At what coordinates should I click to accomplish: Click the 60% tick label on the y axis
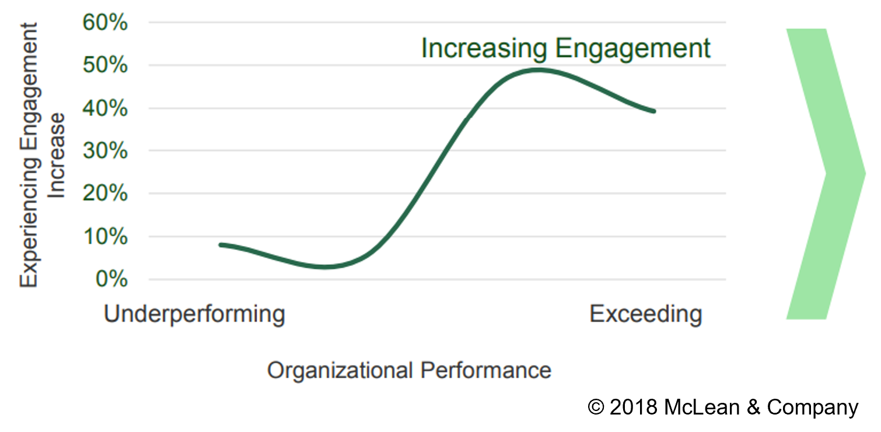[x=104, y=23]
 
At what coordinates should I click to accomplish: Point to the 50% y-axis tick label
[x=104, y=66]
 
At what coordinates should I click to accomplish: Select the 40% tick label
[x=104, y=108]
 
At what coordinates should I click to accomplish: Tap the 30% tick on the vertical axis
[x=104, y=151]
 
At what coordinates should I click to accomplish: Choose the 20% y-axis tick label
[x=104, y=194]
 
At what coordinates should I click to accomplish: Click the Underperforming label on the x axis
[x=194, y=314]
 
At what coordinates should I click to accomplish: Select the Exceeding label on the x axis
[x=645, y=314]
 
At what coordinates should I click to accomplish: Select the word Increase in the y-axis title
[x=56, y=155]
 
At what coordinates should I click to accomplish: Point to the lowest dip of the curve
[x=325, y=267]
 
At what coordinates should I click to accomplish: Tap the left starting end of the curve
[x=221, y=245]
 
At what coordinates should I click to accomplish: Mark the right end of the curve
[x=654, y=111]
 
